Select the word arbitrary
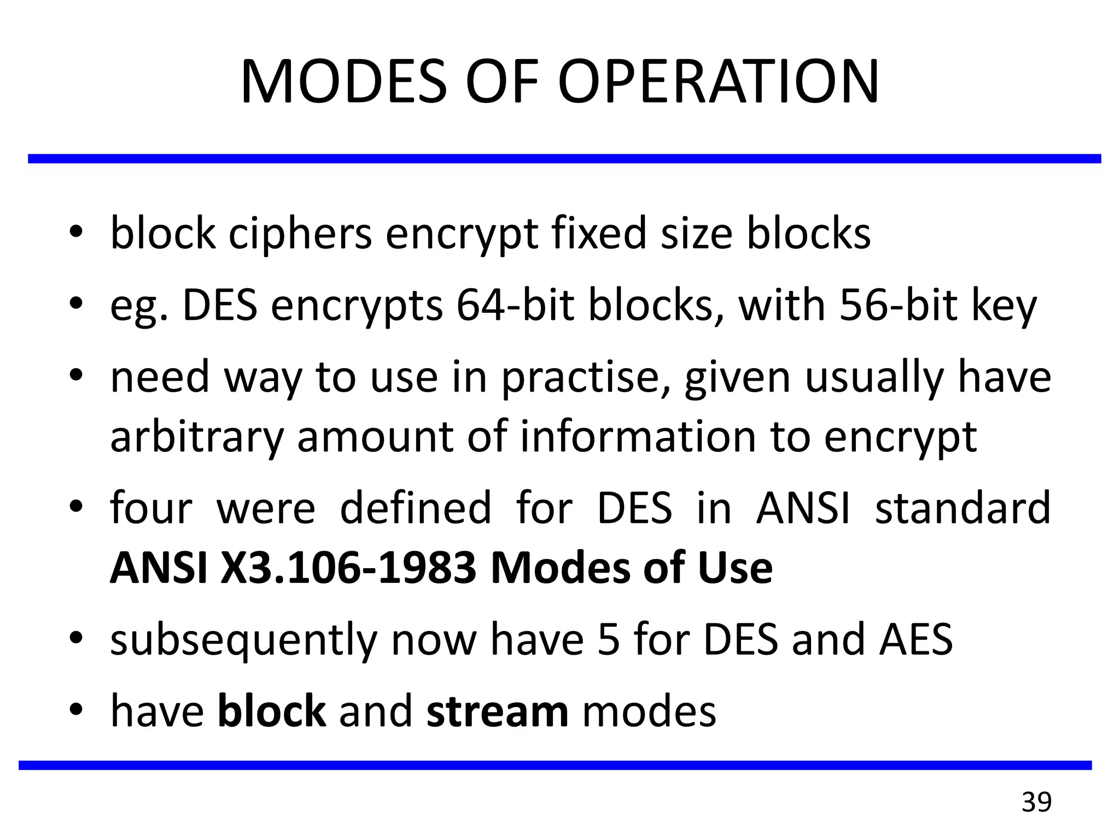tap(197, 437)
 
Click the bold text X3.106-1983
tap(348, 569)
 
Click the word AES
tap(916, 640)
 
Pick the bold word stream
tap(497, 712)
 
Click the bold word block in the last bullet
tap(272, 712)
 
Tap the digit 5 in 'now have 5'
tap(609, 640)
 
